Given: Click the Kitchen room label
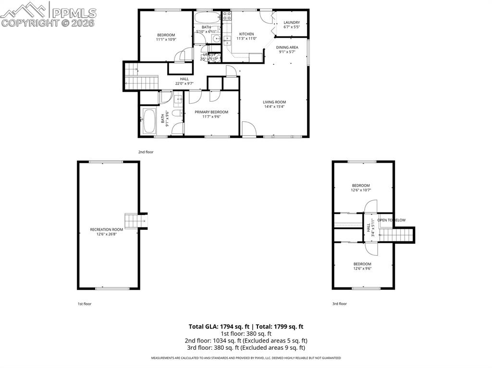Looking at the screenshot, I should (x=246, y=34).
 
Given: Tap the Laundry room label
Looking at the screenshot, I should (x=292, y=23).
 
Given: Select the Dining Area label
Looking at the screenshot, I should (x=287, y=47).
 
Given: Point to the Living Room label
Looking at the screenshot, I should (x=274, y=102).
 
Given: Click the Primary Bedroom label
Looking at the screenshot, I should (x=211, y=112).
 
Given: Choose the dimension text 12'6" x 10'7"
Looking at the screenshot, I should (x=361, y=190).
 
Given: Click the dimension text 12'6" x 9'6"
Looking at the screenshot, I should (x=362, y=268).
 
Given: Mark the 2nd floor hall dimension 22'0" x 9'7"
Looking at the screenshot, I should (x=184, y=83).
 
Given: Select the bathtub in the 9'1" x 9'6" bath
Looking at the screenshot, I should (x=149, y=122).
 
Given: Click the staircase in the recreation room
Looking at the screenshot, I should (x=132, y=221).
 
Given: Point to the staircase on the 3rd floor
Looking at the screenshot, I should (x=396, y=235).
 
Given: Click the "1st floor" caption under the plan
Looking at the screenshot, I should (x=85, y=304).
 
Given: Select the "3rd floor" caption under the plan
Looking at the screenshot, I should (x=339, y=304).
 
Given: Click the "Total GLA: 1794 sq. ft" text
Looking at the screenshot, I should (x=216, y=326).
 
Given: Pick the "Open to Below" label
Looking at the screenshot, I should (x=392, y=220).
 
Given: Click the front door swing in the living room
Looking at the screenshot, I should (x=247, y=129).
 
